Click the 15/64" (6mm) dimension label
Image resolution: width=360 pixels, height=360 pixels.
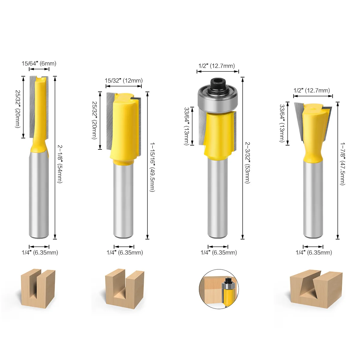click(39, 63)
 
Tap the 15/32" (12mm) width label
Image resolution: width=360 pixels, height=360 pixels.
click(123, 80)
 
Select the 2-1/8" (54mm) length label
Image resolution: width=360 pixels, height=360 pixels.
click(60, 163)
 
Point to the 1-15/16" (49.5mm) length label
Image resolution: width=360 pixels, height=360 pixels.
click(152, 167)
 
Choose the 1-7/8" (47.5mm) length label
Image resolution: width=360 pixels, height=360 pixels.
click(342, 163)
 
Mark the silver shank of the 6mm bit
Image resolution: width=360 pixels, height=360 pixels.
click(39, 195)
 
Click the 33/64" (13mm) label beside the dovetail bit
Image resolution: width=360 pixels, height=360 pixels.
click(282, 123)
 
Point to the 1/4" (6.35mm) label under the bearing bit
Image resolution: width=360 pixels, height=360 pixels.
click(218, 253)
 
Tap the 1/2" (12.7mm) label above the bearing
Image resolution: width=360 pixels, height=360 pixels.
click(216, 66)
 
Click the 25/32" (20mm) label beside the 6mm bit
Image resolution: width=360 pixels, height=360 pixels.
click(18, 109)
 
